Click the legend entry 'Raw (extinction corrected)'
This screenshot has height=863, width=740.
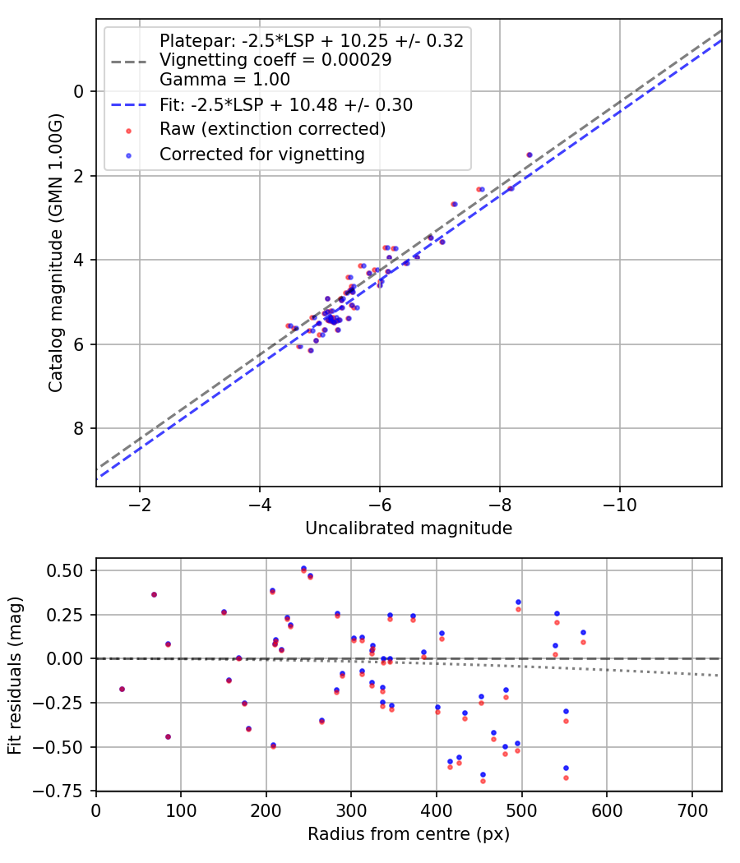[272, 129]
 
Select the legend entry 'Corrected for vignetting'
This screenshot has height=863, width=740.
[262, 154]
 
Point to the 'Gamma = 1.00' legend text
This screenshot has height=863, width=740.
[224, 80]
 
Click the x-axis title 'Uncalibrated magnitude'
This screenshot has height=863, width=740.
[409, 528]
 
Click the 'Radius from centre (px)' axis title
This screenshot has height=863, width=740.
[409, 834]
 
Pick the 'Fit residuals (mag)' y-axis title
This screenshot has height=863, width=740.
[15, 676]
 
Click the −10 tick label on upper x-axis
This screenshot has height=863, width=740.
[619, 504]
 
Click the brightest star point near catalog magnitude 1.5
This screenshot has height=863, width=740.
[530, 155]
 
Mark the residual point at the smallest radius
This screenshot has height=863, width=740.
[122, 689]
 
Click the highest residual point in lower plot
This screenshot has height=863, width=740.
[303, 569]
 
